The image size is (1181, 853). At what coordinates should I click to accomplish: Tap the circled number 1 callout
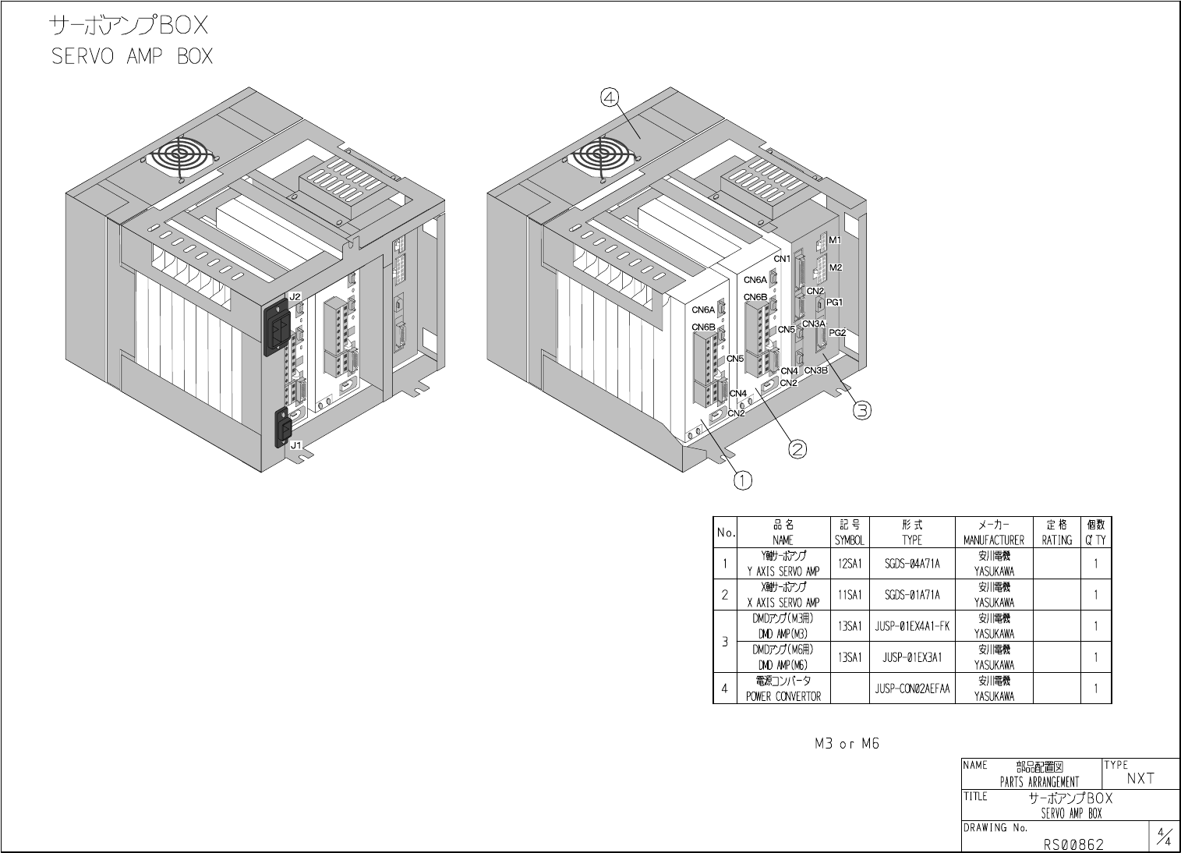tap(742, 480)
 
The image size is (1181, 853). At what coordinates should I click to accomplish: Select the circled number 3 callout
tap(862, 410)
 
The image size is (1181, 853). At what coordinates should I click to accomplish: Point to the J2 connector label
tap(295, 297)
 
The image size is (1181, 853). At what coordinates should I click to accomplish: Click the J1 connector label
tap(295, 445)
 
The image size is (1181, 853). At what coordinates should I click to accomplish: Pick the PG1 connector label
tap(834, 303)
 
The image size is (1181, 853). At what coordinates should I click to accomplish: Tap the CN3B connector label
tap(815, 370)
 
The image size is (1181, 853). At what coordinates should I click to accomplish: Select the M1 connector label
tap(835, 240)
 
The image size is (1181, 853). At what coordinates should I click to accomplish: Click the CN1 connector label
tap(782, 259)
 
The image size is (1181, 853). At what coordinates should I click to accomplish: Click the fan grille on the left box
tap(182, 155)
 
